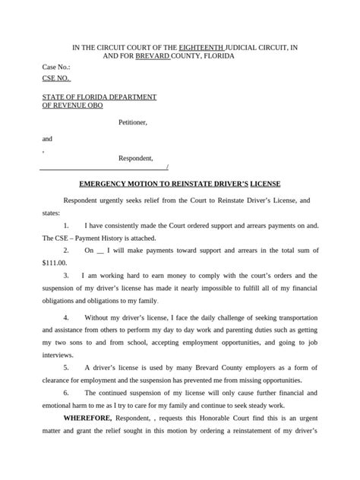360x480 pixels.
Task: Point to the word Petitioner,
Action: point(133,122)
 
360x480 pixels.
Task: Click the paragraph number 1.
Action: point(67,226)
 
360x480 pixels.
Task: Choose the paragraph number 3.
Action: point(67,275)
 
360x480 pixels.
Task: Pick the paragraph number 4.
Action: point(67,316)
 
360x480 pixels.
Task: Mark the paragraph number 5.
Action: point(67,367)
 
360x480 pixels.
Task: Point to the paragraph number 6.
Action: point(67,393)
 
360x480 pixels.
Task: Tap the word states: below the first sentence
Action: point(52,213)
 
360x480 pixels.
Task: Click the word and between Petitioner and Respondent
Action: point(47,139)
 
